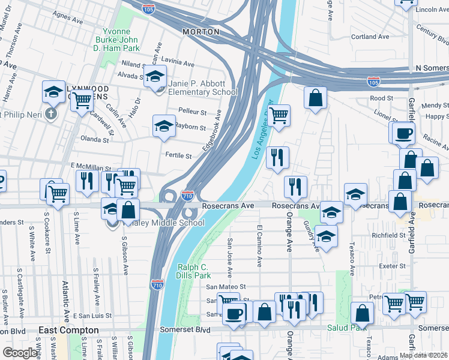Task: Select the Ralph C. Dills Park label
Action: coord(194,271)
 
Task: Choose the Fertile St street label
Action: coord(178,156)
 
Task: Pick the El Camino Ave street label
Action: coord(259,246)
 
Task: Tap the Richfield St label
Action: coord(390,236)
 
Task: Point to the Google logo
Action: coord(20,353)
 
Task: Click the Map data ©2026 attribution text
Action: coord(424,355)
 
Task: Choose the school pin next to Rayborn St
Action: coord(164,126)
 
